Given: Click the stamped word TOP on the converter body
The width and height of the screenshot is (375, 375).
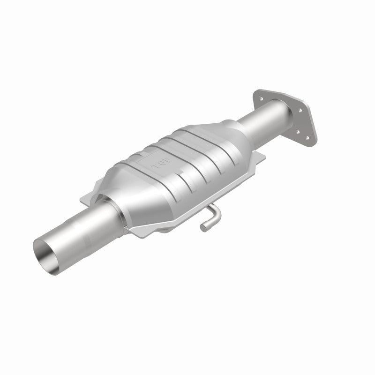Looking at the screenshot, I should pyautogui.click(x=161, y=165).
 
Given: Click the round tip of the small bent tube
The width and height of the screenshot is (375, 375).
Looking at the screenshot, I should pyautogui.click(x=204, y=228).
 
